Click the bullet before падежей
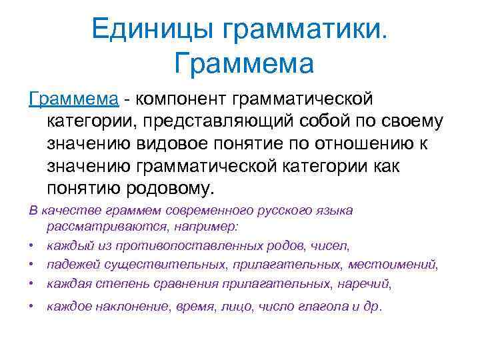click(x=33, y=265)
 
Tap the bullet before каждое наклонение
click(x=33, y=307)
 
